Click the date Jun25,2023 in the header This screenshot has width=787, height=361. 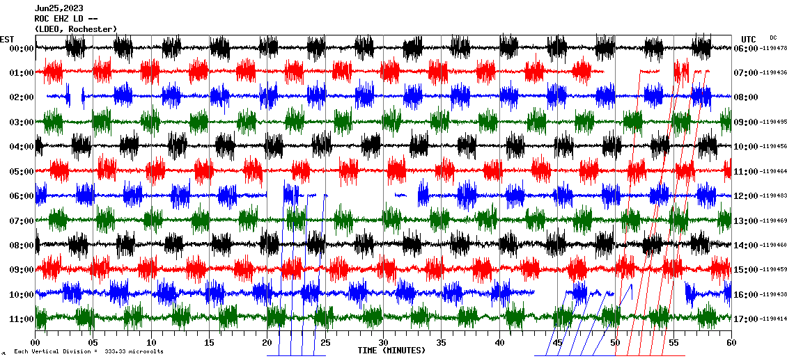click(x=59, y=8)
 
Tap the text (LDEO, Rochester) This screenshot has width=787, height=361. click(x=75, y=29)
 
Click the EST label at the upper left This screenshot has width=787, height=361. click(x=7, y=39)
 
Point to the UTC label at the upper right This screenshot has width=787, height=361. click(x=749, y=39)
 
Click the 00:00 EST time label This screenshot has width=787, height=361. click(x=21, y=49)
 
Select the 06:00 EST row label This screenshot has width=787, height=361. click(x=21, y=196)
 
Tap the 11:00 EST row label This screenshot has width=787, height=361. click(x=21, y=319)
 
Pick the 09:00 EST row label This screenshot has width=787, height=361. click(x=21, y=270)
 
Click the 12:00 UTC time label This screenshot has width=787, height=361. click(x=746, y=196)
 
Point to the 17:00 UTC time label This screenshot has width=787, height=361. click(x=746, y=319)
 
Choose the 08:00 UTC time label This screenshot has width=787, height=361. click(x=746, y=98)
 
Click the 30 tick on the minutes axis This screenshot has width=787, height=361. click(x=383, y=343)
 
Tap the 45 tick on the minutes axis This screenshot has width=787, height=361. click(x=557, y=343)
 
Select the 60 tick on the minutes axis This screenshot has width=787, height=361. click(x=731, y=343)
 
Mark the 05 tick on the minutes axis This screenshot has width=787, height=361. click(x=93, y=343)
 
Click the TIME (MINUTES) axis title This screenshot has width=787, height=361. click(x=391, y=351)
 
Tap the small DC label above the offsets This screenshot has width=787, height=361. click(x=773, y=38)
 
